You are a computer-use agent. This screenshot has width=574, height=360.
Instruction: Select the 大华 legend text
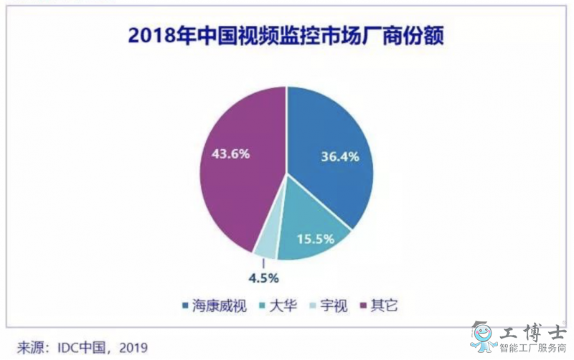point(282,307)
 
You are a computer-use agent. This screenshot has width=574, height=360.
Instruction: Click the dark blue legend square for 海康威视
point(186,308)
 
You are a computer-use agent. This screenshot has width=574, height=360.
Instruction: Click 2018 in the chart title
point(154,36)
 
